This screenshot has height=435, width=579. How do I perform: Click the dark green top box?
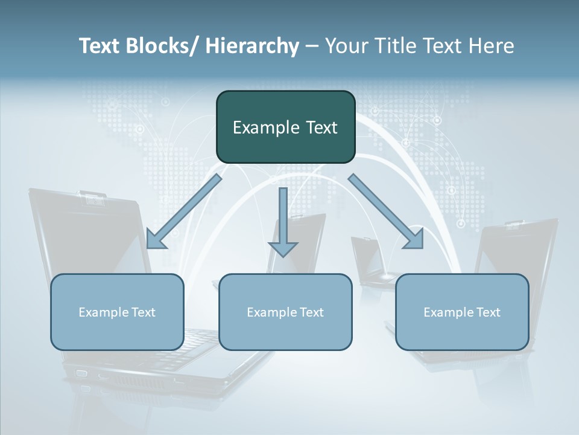pos(285,127)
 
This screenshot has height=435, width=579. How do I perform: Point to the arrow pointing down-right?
pos(387,212)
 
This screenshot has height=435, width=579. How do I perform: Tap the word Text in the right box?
pos(487,312)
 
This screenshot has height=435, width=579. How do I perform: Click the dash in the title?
pos(312,46)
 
